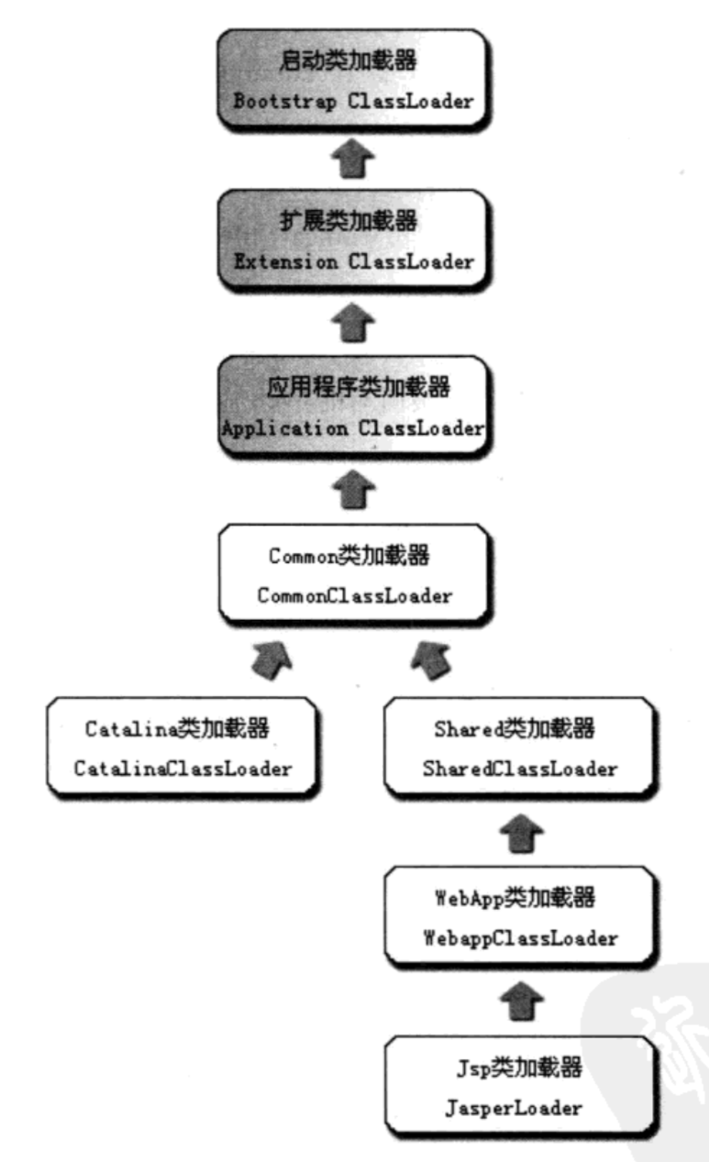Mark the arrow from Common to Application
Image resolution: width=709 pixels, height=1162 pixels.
pos(353,492)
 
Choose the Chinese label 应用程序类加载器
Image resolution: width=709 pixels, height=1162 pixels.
pos(353,387)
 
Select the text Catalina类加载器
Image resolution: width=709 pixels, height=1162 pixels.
pos(177,730)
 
